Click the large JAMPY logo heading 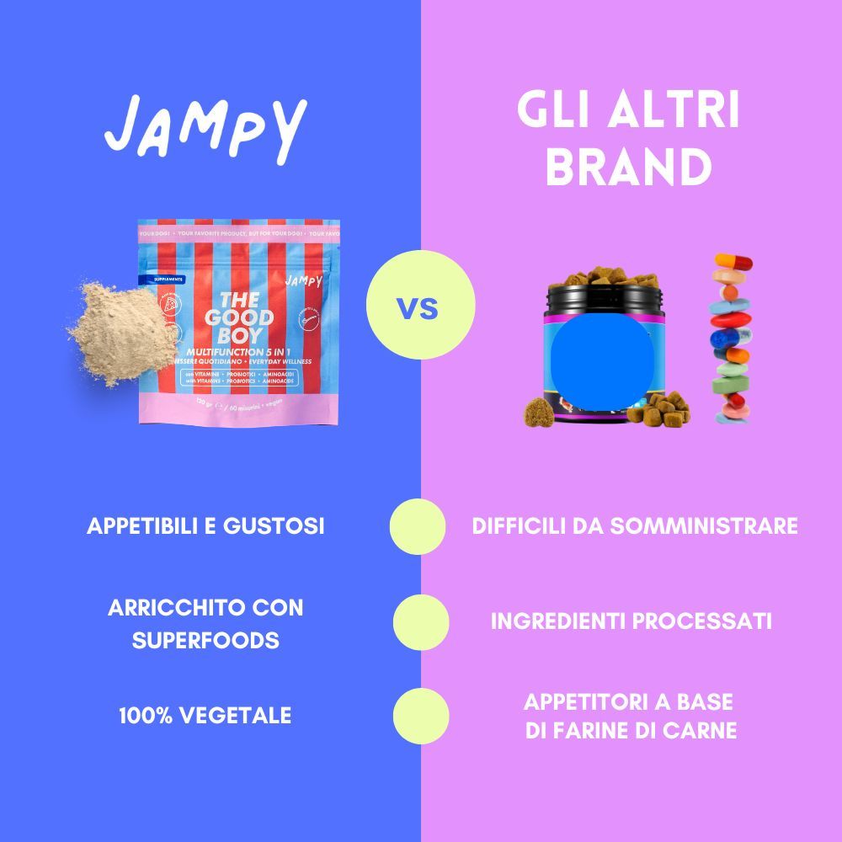[x=206, y=128]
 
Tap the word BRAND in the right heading [x=628, y=167]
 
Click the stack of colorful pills [x=733, y=337]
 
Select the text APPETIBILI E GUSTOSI [x=205, y=526]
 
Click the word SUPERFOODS [x=205, y=640]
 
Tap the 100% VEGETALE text [x=205, y=716]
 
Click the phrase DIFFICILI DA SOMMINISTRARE [x=635, y=526]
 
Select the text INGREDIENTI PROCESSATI [x=631, y=621]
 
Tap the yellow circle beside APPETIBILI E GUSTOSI [x=418, y=526]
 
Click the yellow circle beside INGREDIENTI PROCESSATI [x=421, y=621]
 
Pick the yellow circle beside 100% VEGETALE [x=421, y=716]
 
